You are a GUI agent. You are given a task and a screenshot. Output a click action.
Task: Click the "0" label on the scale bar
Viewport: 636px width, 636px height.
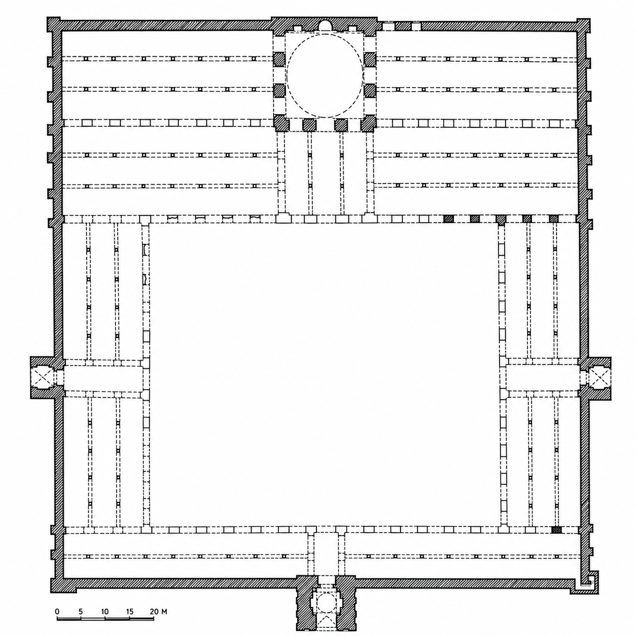(57, 611)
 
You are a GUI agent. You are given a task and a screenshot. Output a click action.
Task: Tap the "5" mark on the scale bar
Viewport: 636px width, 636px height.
(81, 611)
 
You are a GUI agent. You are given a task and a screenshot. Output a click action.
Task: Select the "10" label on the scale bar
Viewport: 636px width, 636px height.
(105, 611)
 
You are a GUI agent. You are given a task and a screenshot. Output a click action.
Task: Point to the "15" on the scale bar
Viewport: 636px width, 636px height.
(130, 611)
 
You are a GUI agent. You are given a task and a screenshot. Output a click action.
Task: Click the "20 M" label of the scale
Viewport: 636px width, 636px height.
(158, 611)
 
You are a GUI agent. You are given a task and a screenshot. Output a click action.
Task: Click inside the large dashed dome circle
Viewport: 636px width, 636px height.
(325, 76)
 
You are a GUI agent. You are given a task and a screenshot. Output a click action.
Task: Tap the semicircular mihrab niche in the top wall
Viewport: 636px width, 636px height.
(325, 25)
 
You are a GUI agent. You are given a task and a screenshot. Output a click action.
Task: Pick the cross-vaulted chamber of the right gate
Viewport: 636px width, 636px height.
(596, 378)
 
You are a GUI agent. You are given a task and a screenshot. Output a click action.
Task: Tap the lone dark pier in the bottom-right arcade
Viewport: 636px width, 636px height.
(556, 530)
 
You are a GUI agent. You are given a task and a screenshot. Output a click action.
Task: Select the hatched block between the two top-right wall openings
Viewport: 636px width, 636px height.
(403, 26)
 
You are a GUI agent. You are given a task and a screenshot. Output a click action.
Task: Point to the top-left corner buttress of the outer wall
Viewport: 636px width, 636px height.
(54, 24)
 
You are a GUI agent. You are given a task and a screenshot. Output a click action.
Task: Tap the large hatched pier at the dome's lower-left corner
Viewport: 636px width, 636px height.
(281, 123)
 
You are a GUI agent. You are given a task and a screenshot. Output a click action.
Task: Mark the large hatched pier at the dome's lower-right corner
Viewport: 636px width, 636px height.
(368, 124)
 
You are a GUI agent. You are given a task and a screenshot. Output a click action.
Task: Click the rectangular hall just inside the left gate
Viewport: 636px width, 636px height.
(103, 378)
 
